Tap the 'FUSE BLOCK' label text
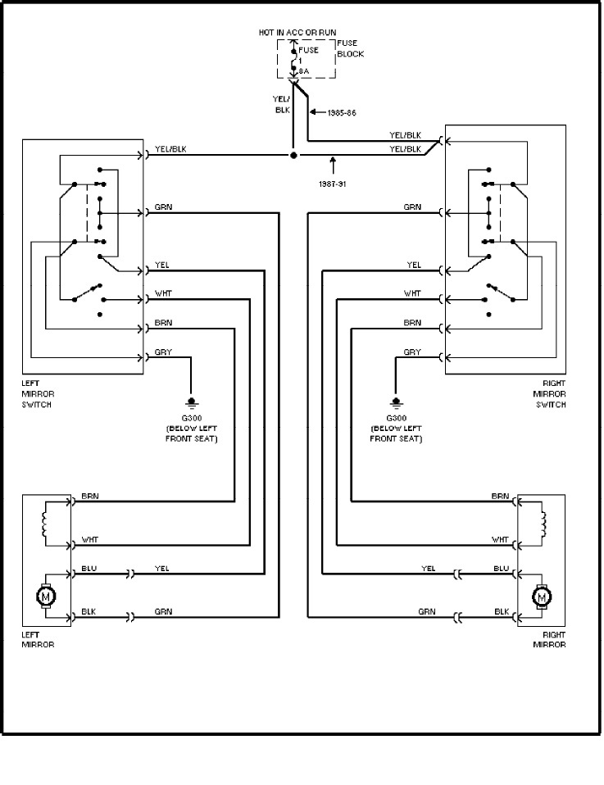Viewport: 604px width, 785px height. [350, 49]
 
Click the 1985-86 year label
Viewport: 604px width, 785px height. [342, 111]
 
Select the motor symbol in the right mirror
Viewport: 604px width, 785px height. [541, 597]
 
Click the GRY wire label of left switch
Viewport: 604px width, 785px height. [162, 352]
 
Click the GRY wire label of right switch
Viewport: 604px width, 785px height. [412, 352]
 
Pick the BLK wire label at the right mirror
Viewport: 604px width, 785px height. [502, 611]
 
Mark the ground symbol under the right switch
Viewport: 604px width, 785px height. [397, 402]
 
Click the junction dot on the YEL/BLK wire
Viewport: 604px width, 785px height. [293, 154]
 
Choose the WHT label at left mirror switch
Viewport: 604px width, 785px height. [162, 293]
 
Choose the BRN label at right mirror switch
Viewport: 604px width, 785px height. [412, 323]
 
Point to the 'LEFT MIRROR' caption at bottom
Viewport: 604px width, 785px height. [38, 639]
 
